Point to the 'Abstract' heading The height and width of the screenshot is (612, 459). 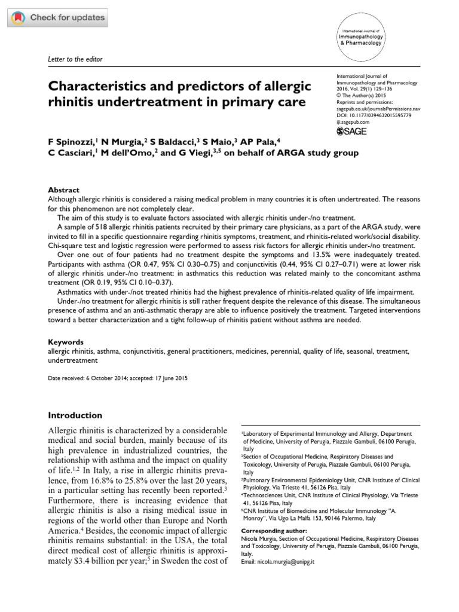pyautogui.click(x=63, y=189)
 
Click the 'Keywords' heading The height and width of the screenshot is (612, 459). pyautogui.click(x=66, y=342)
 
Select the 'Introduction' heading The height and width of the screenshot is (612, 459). pyautogui.click(x=75, y=415)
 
